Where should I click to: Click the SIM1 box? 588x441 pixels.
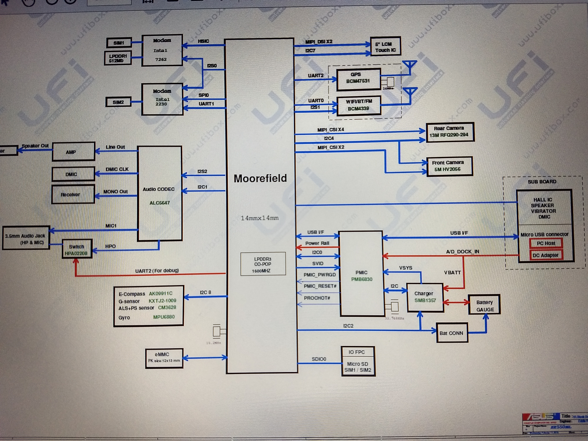[x=119, y=43]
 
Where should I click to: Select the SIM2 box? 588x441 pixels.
[x=118, y=102]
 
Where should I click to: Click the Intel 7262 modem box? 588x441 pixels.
[x=162, y=50]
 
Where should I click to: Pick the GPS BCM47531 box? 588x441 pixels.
[x=358, y=79]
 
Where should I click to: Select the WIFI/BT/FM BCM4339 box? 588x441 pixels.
[x=359, y=105]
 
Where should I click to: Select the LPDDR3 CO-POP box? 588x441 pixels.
[x=263, y=264]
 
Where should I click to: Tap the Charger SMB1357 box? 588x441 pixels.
[x=425, y=297]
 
